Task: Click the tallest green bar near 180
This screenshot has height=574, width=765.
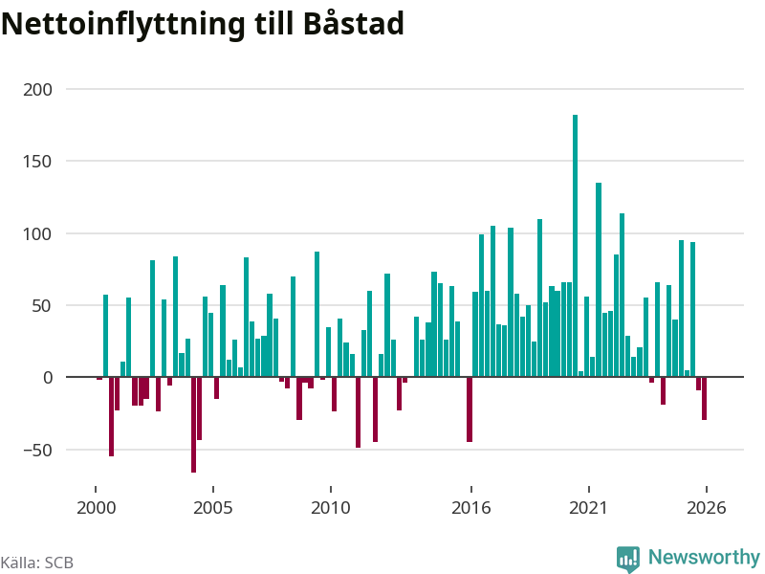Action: (x=576, y=246)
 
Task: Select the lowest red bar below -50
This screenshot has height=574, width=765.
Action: (x=194, y=425)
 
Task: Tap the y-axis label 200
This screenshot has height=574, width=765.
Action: (x=37, y=90)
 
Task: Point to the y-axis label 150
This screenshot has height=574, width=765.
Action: (x=37, y=162)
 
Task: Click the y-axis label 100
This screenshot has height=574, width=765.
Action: (x=37, y=233)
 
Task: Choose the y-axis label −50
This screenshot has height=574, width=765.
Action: (x=37, y=450)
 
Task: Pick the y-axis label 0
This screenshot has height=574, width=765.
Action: (x=48, y=377)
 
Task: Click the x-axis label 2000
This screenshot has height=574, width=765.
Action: (x=97, y=508)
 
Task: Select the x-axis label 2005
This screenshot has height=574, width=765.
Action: (x=213, y=508)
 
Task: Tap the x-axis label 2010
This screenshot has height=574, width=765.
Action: (x=331, y=508)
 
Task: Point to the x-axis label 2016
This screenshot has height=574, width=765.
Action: (x=471, y=508)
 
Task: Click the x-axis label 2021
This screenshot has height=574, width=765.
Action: (x=589, y=508)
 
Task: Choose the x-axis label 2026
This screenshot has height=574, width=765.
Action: (x=707, y=508)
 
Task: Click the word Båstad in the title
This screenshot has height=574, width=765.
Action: (x=354, y=22)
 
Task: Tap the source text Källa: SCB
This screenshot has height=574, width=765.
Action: (x=37, y=563)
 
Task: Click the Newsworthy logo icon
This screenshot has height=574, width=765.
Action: (x=628, y=559)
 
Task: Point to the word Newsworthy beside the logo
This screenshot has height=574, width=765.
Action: (x=704, y=557)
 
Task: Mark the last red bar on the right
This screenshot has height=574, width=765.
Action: (x=704, y=398)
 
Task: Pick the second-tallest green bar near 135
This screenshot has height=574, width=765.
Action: (x=599, y=279)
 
